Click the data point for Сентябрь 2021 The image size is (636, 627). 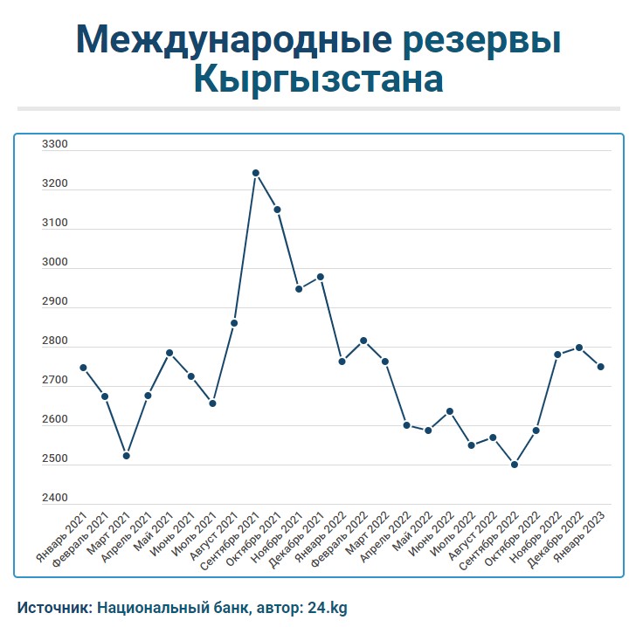tap(255, 173)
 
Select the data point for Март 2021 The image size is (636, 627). tap(127, 456)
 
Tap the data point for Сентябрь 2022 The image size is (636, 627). tap(514, 465)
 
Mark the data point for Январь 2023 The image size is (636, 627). tap(600, 367)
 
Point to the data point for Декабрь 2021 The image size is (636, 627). tap(320, 277)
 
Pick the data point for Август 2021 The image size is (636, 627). tap(234, 323)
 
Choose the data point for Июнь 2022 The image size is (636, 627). tap(449, 411)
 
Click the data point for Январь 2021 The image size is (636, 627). tap(83, 368)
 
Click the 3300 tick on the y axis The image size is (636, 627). tap(54, 145)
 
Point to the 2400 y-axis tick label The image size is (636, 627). tap(54, 499)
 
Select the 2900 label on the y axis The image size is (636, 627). tap(54, 302)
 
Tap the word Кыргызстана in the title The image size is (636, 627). tap(318, 79)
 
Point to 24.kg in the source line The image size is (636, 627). tap(328, 606)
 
